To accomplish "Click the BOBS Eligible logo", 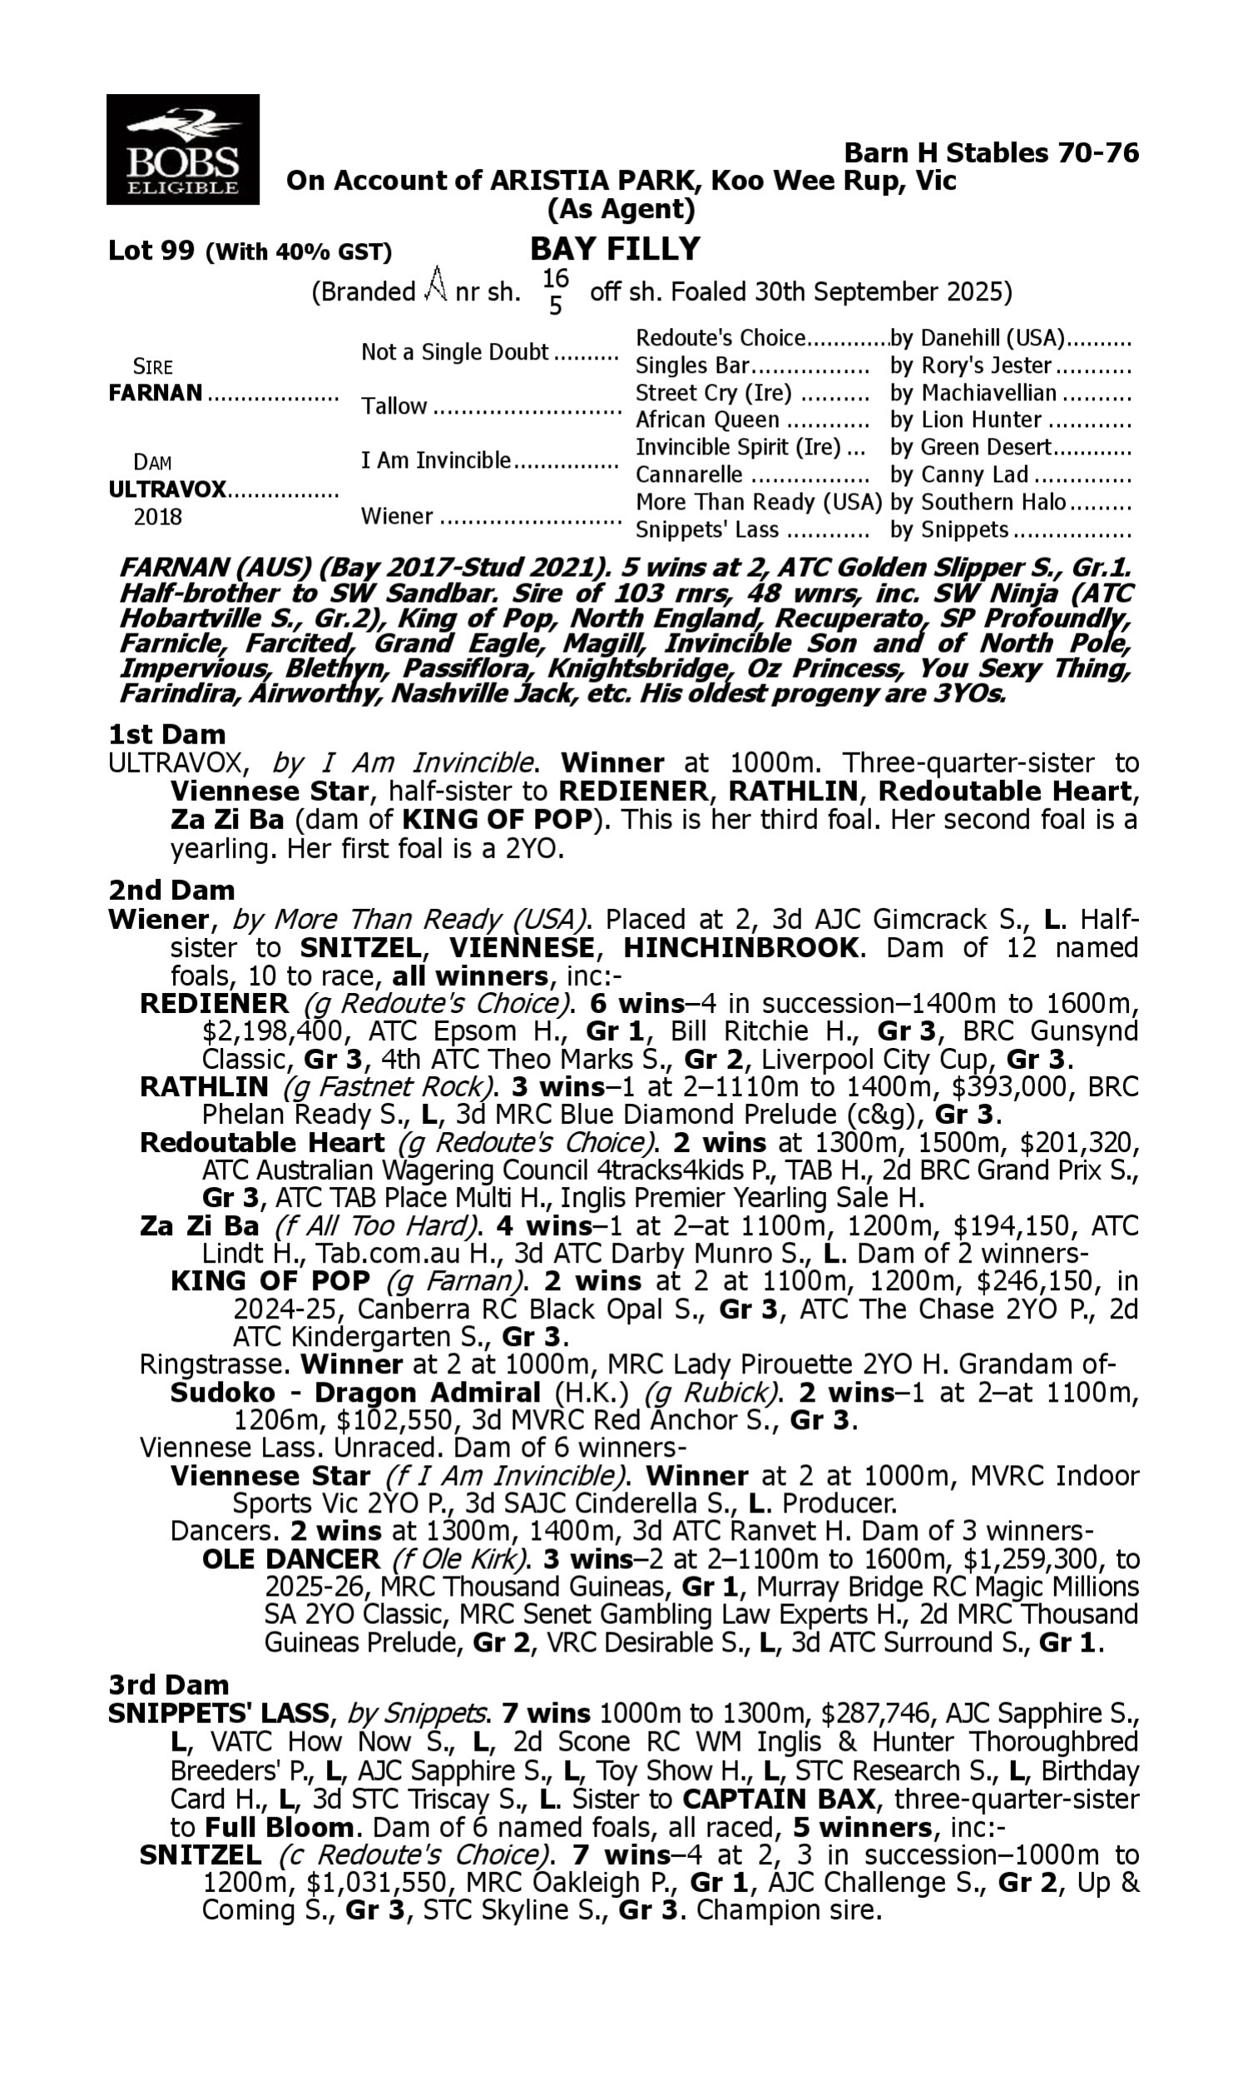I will pyautogui.click(x=182, y=149).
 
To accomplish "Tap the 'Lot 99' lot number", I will pyautogui.click(x=151, y=251).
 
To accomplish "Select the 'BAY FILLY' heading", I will pyautogui.click(x=615, y=249).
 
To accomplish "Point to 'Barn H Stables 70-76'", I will pyautogui.click(x=991, y=153).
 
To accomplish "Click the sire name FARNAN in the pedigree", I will pyautogui.click(x=156, y=393).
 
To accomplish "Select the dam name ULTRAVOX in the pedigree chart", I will pyautogui.click(x=167, y=489).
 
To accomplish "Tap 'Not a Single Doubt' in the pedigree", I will pyautogui.click(x=454, y=352).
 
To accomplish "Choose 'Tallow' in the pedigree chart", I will pyautogui.click(x=394, y=407).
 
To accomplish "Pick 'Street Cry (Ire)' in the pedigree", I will pyautogui.click(x=713, y=394).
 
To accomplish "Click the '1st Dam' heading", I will pyautogui.click(x=166, y=734).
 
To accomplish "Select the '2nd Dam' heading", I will pyautogui.click(x=171, y=890).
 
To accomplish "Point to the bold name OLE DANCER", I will pyautogui.click(x=291, y=1558).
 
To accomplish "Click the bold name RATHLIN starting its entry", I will pyautogui.click(x=204, y=1087).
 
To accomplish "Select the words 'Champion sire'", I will pyautogui.click(x=788, y=1910).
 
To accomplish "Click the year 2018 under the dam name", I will pyautogui.click(x=157, y=516).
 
